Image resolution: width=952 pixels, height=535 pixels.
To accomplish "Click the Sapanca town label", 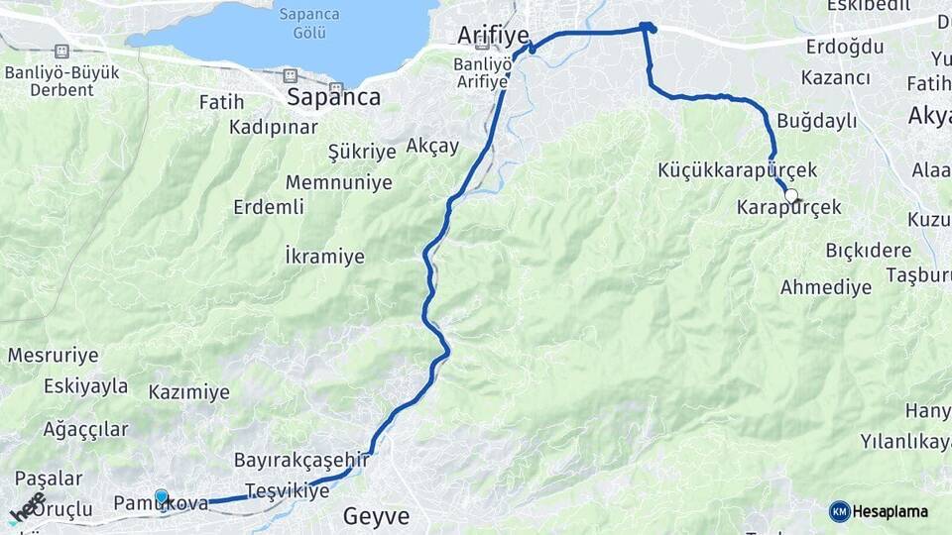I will (x=333, y=97).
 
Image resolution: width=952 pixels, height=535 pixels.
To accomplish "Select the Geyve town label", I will (x=376, y=516).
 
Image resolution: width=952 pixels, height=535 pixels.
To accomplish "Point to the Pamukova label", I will (x=162, y=503).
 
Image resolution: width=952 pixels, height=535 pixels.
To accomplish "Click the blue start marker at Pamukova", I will (x=162, y=496).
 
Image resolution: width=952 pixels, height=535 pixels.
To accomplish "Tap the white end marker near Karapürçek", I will (x=791, y=195).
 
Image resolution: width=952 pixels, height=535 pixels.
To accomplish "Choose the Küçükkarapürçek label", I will (x=738, y=170).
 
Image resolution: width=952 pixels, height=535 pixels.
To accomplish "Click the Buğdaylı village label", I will (x=816, y=121).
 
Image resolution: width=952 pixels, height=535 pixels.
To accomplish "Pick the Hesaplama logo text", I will (x=891, y=511).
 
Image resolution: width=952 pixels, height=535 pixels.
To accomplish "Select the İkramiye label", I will (x=324, y=257).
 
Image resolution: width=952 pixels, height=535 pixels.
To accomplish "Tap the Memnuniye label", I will (x=339, y=182).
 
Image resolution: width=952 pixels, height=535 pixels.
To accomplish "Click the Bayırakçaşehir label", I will (x=301, y=460).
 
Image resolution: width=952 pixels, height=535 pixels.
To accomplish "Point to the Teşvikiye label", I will (x=287, y=490).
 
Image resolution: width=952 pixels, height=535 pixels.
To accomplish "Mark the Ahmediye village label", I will (x=826, y=287).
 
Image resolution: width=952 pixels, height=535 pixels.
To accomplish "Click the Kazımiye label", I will (x=188, y=392).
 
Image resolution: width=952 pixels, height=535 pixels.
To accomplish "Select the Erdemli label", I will (x=269, y=207).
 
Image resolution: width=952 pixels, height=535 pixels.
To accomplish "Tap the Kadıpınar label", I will (x=274, y=127).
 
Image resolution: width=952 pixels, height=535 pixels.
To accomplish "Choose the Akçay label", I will (x=433, y=146).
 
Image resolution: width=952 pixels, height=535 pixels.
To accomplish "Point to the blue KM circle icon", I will (x=840, y=511).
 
